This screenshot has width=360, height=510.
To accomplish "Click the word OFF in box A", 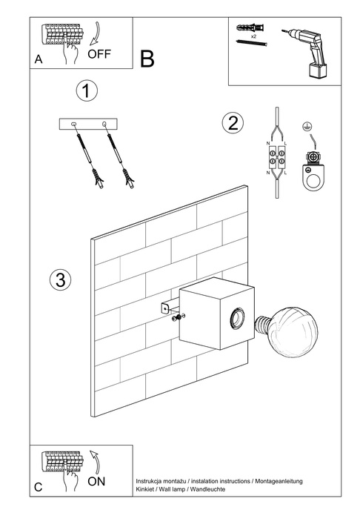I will [x=99, y=54].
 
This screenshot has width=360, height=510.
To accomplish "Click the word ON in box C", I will [x=96, y=481].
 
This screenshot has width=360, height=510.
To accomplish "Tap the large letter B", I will [x=147, y=59].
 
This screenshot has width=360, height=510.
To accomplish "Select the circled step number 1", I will [x=87, y=91].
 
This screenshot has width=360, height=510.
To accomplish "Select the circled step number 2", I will [x=233, y=122].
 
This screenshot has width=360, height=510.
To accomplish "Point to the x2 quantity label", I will [x=253, y=36].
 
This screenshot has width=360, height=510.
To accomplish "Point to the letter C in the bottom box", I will [x=38, y=487].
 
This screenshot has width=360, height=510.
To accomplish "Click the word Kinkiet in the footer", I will [x=146, y=490].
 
